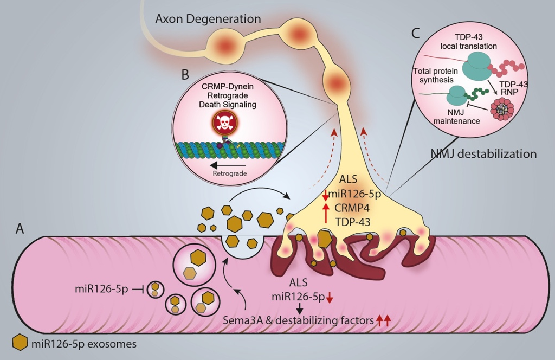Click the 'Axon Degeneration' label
[x=208, y=19]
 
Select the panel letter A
[x=20, y=229]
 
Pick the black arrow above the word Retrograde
[x=228, y=164]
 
